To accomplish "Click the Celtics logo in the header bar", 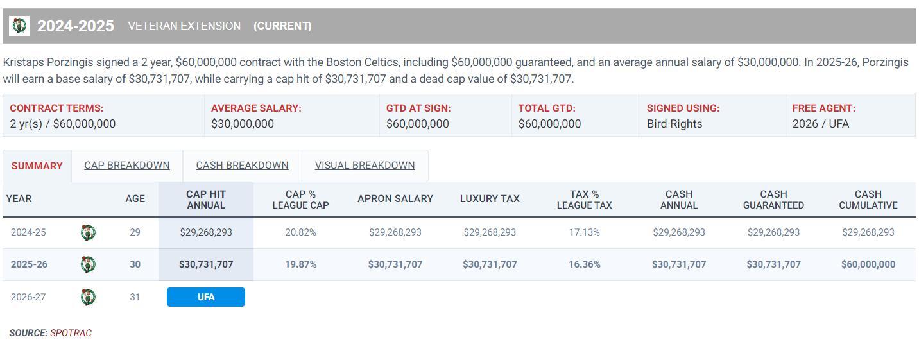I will [x=19, y=26].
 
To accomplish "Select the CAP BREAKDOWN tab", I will [x=127, y=166].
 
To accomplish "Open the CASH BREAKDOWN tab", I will [x=242, y=166].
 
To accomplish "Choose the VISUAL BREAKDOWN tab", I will [x=365, y=166].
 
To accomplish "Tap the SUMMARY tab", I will [x=37, y=166].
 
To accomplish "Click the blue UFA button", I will [x=206, y=297].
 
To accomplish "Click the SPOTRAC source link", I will [x=71, y=333].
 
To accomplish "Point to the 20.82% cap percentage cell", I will [x=300, y=232].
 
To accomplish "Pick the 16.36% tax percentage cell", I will [x=584, y=264].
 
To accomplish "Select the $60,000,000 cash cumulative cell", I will [x=868, y=264].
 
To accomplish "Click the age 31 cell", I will [x=135, y=297].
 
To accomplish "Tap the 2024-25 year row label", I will [x=28, y=232].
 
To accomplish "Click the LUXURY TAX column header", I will [x=490, y=199].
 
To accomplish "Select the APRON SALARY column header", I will [x=395, y=199].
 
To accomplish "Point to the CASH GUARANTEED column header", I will [x=773, y=200].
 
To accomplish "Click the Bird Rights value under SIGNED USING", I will [x=674, y=124].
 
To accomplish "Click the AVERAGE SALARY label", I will [x=256, y=108].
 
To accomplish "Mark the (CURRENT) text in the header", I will [x=282, y=26].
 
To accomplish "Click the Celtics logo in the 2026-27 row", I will [x=88, y=297].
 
